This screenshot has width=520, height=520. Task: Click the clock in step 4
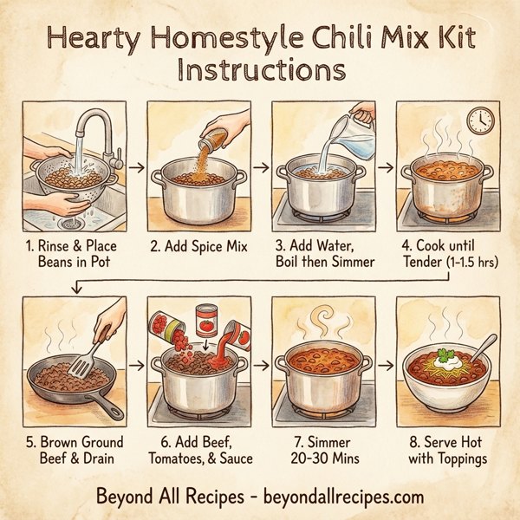point(478,120)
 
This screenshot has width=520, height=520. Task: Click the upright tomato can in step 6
point(206,322)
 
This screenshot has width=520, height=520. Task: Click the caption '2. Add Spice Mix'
point(198,248)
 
